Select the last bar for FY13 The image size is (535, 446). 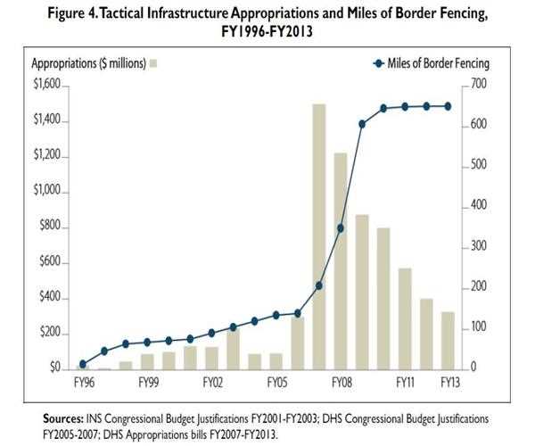(448, 340)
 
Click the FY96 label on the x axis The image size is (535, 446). (82, 382)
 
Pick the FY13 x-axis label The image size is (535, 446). (450, 382)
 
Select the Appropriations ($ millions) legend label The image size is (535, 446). (86, 64)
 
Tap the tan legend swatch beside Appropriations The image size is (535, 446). (154, 64)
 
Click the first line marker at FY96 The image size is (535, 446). (83, 363)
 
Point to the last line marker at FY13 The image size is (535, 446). (448, 106)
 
